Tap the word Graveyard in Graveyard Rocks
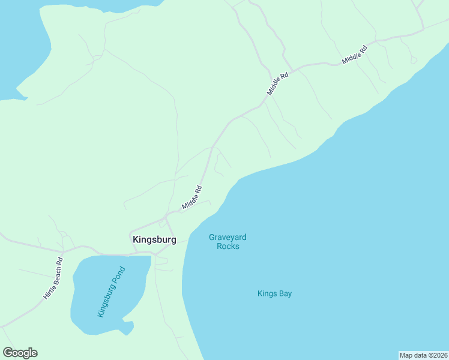[228, 237]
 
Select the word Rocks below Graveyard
[228, 246]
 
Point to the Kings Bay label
[274, 293]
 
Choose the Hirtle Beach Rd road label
[53, 278]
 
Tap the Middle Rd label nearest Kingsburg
[192, 197]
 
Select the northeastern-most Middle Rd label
[354, 54]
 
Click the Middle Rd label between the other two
[278, 83]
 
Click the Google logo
[20, 353]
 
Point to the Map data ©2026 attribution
[423, 355]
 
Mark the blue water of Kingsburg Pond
[90, 312]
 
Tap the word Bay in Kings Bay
[285, 293]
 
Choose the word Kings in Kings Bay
[267, 293]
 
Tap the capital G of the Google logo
[8, 353]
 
